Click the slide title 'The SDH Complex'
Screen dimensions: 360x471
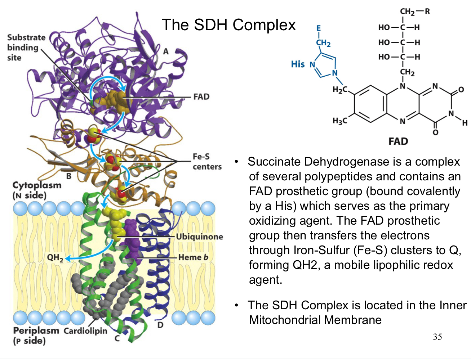pos(228,25)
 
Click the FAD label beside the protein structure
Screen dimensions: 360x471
pos(201,97)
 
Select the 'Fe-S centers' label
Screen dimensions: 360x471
pos(206,162)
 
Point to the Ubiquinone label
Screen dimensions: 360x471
pos(199,237)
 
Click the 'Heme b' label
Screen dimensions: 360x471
pos(193,257)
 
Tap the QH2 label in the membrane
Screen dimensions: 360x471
pos(55,258)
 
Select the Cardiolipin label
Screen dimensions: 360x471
pos(85,331)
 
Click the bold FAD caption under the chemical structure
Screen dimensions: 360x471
pos(398,141)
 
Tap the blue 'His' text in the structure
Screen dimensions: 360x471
pos(298,64)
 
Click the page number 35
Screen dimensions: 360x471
pos(437,337)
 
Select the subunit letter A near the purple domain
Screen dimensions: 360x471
pos(166,52)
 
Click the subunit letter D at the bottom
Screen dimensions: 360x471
pos(160,325)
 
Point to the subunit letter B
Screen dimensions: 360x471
pos(68,176)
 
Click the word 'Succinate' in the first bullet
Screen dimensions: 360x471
pos(274,162)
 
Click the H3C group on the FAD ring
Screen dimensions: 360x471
pos(339,121)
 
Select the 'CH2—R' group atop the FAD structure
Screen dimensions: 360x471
pos(414,12)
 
